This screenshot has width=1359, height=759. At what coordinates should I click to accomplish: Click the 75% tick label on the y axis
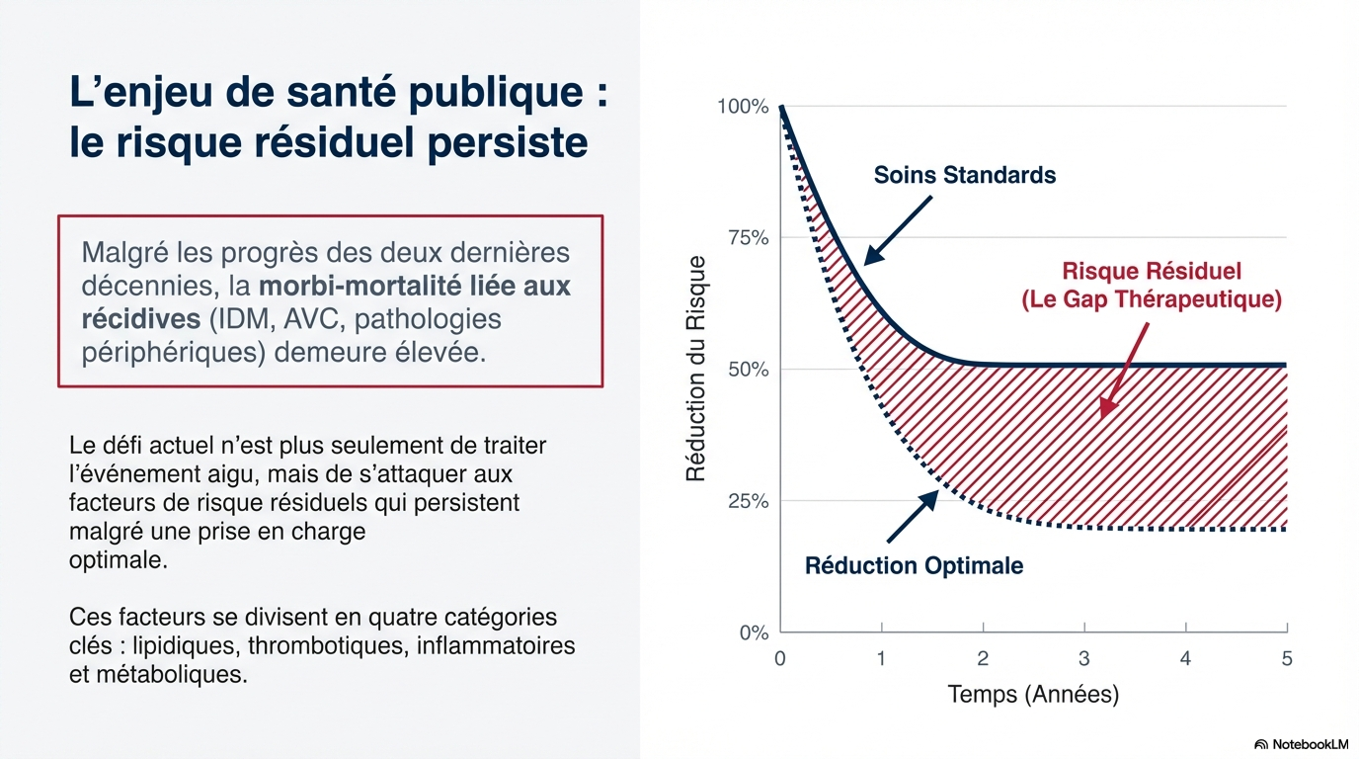coord(749,238)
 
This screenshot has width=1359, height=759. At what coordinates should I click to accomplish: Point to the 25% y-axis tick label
coord(749,501)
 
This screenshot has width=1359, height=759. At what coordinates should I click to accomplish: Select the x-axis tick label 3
coord(1084,658)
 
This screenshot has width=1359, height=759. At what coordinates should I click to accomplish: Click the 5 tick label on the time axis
coord(1287,658)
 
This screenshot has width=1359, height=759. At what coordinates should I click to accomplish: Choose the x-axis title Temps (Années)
coord(1033,695)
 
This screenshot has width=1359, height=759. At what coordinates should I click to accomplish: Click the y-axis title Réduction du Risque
coord(696,369)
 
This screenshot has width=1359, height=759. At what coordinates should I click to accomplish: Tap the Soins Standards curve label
coord(965,176)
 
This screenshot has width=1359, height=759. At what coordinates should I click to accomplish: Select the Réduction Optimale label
coord(914,566)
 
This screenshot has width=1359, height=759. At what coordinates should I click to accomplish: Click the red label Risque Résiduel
coord(1152,271)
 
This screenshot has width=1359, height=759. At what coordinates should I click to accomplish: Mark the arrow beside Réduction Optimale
coord(912,516)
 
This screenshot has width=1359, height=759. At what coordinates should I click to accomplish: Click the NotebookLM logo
coord(1301,744)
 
